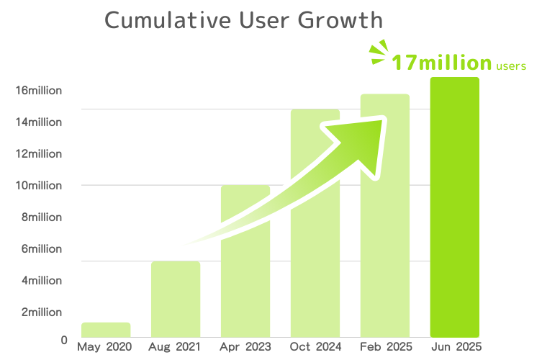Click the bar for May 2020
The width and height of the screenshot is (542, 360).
106,330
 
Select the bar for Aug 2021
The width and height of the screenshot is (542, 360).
176,299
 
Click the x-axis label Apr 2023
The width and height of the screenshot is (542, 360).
245,347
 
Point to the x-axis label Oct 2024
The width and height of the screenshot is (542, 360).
315,347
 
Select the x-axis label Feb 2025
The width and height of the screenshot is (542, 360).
385,347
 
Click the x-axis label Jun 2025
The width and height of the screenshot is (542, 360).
455,347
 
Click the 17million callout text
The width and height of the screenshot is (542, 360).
441,63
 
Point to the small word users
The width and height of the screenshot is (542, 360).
511,66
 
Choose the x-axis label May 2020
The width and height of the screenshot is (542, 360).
105,347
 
